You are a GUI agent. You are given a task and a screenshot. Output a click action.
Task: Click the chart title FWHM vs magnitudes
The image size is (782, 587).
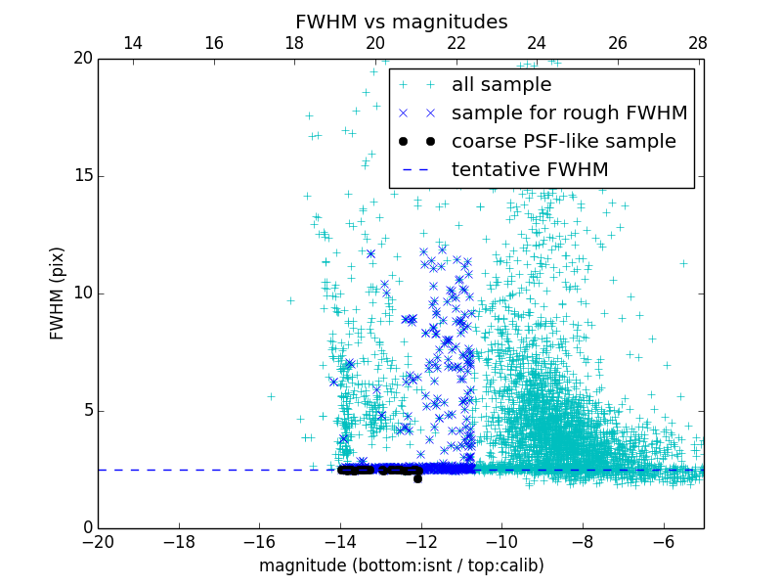(x=401, y=22)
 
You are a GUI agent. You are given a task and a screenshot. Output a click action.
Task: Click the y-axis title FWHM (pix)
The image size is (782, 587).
(x=58, y=293)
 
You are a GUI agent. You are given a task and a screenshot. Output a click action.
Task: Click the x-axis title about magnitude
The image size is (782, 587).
(x=401, y=565)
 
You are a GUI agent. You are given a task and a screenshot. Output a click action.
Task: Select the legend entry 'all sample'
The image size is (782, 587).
(x=501, y=85)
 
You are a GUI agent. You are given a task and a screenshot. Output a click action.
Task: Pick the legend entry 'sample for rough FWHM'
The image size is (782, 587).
(x=569, y=113)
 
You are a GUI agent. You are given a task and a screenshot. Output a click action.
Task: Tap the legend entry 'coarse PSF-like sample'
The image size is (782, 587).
(x=563, y=142)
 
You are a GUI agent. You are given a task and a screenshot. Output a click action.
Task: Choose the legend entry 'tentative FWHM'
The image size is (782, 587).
(x=530, y=170)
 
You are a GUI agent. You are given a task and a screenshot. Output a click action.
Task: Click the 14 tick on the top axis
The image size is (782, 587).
(x=133, y=43)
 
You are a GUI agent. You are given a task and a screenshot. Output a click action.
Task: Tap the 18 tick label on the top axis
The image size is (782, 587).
(x=294, y=43)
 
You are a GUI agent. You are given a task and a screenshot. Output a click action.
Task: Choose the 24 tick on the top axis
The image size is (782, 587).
(x=537, y=43)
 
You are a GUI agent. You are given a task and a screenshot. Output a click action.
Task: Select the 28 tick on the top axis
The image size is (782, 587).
(x=698, y=43)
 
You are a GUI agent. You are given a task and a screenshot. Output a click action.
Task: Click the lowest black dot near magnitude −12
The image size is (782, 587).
(x=417, y=478)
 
